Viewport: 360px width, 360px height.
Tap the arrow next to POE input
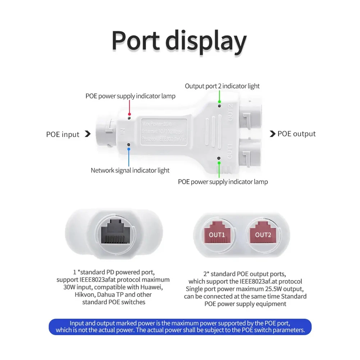click(x=87, y=134)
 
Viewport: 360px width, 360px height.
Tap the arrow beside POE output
click(x=273, y=134)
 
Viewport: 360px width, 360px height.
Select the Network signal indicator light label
click(x=130, y=170)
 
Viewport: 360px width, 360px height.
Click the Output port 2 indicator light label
click(x=222, y=86)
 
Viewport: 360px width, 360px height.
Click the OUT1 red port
click(x=217, y=234)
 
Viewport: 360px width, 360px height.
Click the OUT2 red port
click(x=263, y=234)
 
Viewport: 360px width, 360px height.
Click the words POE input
click(x=63, y=135)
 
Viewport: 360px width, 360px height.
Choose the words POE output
click(x=296, y=134)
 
